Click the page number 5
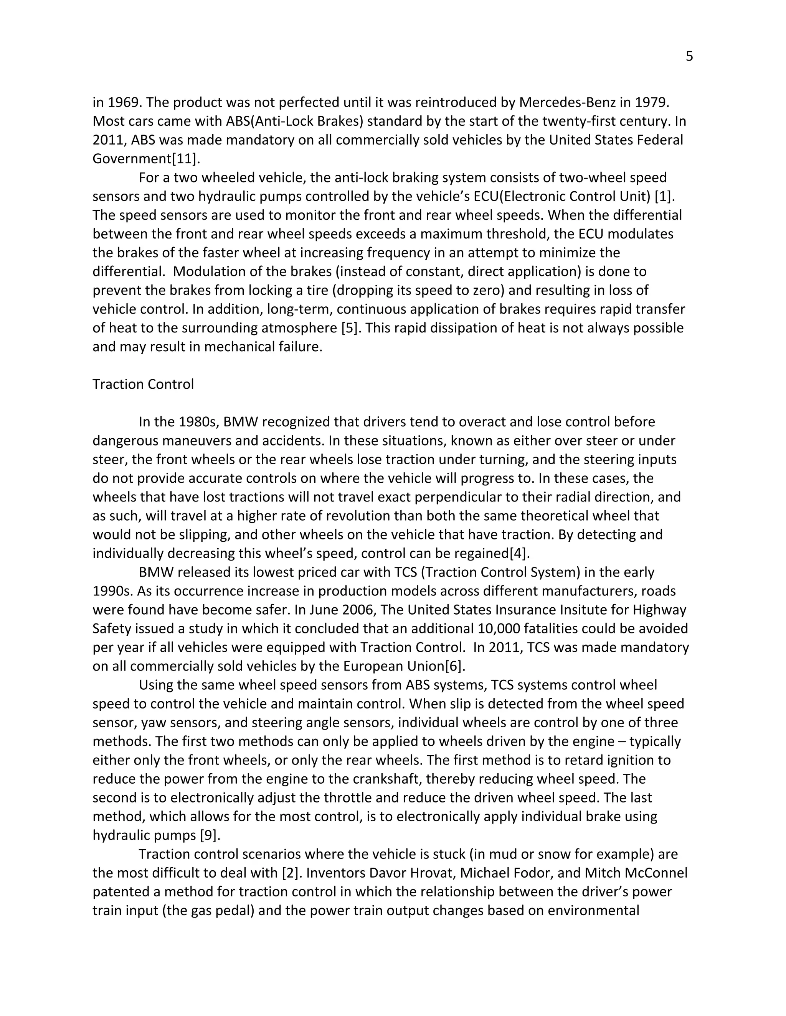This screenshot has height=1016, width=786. (x=689, y=57)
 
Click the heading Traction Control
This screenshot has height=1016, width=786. (x=143, y=384)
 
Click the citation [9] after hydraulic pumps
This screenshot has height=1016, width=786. (x=209, y=835)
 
